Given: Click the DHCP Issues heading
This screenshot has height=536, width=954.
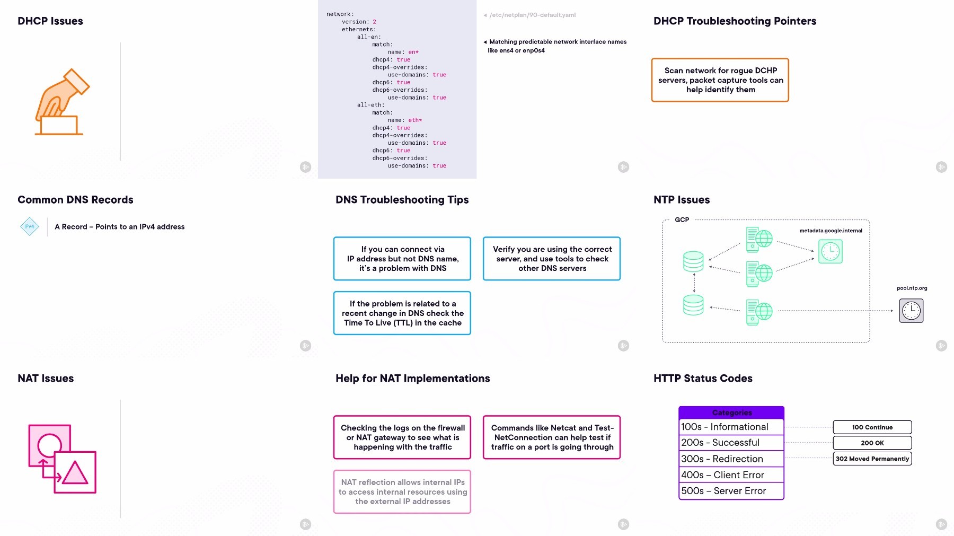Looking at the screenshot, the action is (x=50, y=21).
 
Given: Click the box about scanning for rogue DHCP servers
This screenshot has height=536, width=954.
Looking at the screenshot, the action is (x=720, y=80).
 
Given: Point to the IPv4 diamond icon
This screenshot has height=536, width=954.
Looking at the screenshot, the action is (x=30, y=226).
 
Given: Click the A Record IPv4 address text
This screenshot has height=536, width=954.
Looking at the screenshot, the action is (x=120, y=226).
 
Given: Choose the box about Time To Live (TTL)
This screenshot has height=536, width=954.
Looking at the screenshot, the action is (x=402, y=313).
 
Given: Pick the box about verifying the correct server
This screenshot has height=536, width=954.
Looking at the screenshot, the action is (x=552, y=259).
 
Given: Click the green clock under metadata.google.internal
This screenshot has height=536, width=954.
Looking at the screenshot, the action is (x=831, y=251).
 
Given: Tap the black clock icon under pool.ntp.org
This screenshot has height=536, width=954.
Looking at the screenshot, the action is (x=912, y=311).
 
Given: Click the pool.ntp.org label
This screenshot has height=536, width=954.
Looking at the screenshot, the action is (x=912, y=288).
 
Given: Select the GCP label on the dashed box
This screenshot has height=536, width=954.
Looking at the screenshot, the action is (x=682, y=219).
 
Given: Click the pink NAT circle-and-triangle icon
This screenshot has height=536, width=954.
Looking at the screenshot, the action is (x=63, y=459).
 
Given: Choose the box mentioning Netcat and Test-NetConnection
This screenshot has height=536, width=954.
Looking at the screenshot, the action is (x=552, y=437).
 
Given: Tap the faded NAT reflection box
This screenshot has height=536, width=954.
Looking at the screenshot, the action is (x=402, y=492).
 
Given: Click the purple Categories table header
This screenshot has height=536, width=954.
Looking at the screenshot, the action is (x=731, y=412).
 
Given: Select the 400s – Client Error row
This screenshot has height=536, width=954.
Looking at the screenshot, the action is (x=731, y=475).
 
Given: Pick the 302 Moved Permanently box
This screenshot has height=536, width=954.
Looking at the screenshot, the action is (x=872, y=459).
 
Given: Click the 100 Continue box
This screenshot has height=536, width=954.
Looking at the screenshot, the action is (x=872, y=427).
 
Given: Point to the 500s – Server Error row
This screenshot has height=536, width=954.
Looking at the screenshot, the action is (x=731, y=491).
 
